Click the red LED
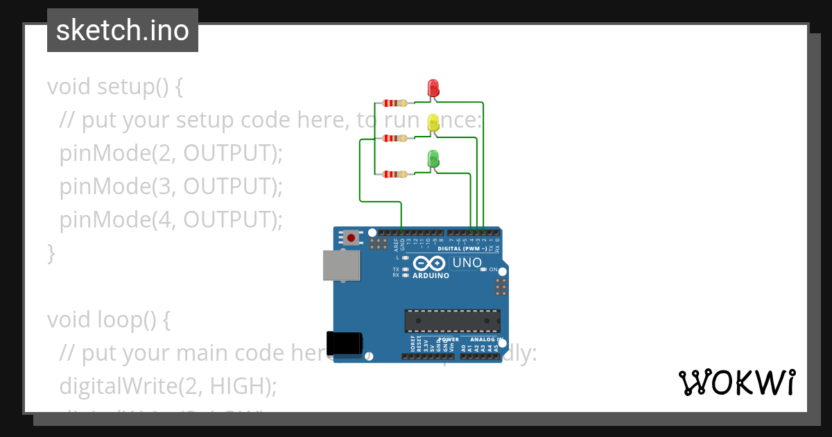pyautogui.click(x=433, y=88)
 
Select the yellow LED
pyautogui.click(x=433, y=123)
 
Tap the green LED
pyautogui.click(x=433, y=159)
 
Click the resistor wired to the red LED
pyautogui.click(x=395, y=103)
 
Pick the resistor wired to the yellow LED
pyautogui.click(x=395, y=138)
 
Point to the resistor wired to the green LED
pyautogui.click(x=395, y=173)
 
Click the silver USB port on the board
pyautogui.click(x=342, y=266)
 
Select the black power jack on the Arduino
pyautogui.click(x=345, y=343)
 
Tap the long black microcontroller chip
pyautogui.click(x=452, y=320)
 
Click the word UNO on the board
pyautogui.click(x=467, y=263)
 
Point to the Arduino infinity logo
pyautogui.click(x=430, y=264)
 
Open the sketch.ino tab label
pyautogui.click(x=123, y=31)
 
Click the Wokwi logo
pyautogui.click(x=736, y=382)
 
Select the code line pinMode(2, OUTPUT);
pyautogui.click(x=171, y=153)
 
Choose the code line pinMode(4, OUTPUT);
pyautogui.click(x=171, y=219)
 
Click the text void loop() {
pyautogui.click(x=108, y=320)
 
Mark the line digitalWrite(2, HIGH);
pyautogui.click(x=168, y=385)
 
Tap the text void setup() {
pyautogui.click(x=115, y=87)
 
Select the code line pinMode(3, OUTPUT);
pyautogui.click(x=171, y=186)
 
